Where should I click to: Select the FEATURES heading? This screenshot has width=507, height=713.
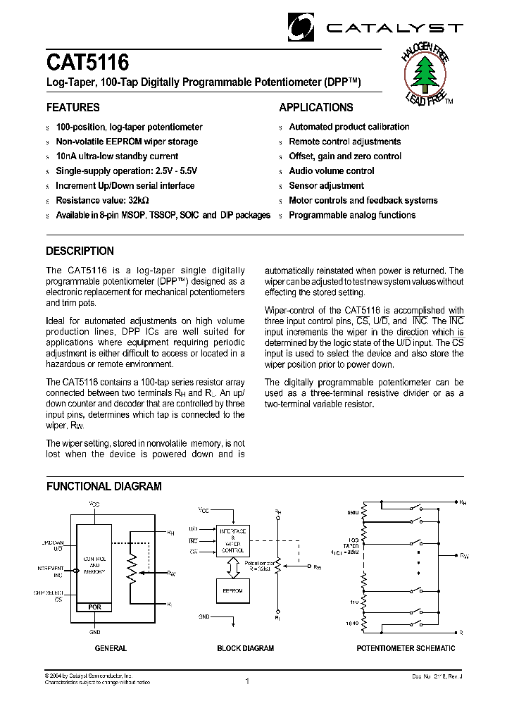point(73,108)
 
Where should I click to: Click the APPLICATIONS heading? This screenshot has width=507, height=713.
point(316,108)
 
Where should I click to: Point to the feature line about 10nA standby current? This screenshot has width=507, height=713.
point(117,156)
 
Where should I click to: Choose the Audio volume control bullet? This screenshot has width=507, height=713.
point(332,171)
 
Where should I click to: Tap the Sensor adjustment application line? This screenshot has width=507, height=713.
point(326,186)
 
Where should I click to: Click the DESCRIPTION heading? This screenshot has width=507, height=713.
point(80,251)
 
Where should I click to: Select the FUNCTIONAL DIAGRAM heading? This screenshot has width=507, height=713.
point(104,486)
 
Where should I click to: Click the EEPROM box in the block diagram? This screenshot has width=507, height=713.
point(232,591)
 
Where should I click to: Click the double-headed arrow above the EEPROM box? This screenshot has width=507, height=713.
point(232,565)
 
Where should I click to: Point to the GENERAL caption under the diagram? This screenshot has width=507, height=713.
point(111,648)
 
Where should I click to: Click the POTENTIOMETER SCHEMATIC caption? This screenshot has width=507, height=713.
point(406,648)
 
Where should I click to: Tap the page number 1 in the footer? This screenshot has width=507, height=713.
point(248,681)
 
